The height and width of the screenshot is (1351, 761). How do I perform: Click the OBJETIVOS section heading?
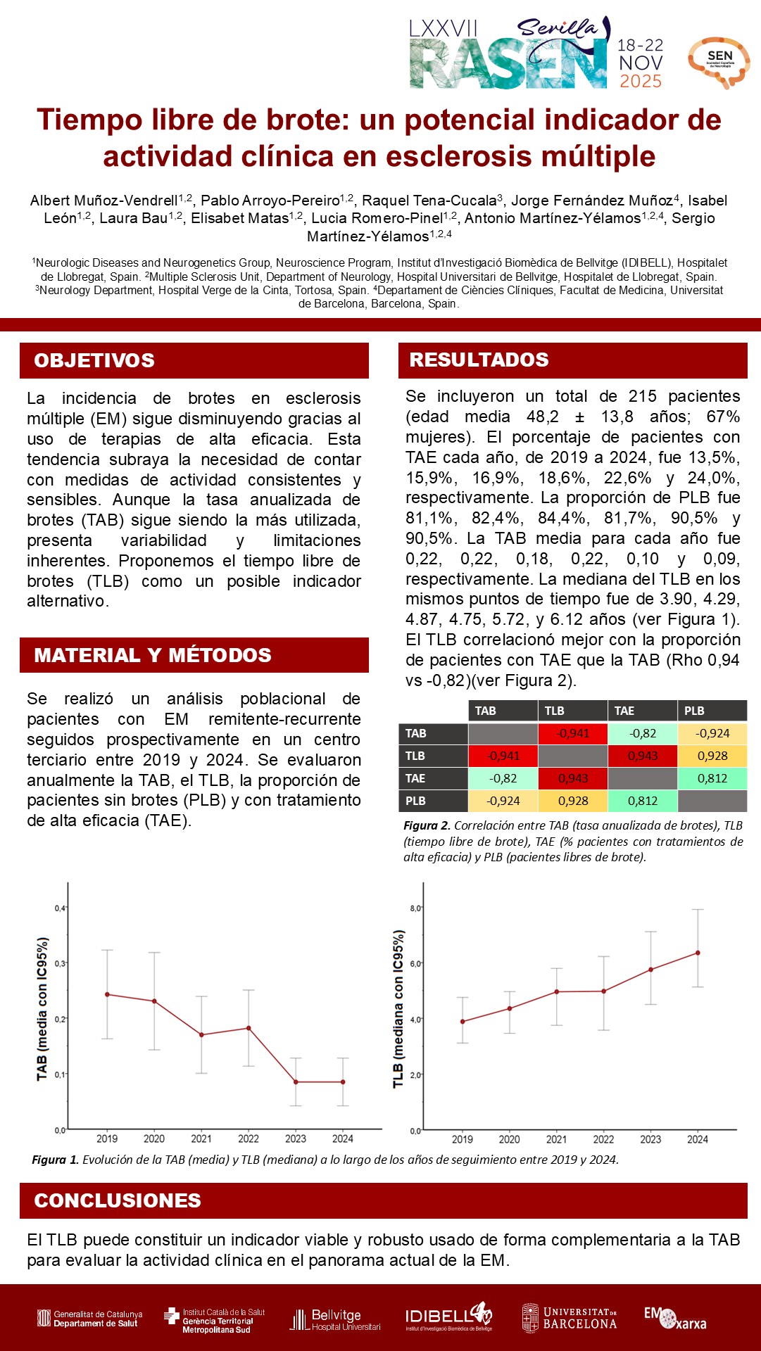94,360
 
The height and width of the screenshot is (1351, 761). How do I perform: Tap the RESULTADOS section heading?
479,360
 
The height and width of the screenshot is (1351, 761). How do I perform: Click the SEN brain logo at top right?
719,62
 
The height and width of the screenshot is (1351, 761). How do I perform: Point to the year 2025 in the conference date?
641,82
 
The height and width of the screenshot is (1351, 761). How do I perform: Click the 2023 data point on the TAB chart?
296,1082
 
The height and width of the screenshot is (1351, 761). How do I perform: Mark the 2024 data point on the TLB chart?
698,953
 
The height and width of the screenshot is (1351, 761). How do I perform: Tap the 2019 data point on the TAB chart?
107,994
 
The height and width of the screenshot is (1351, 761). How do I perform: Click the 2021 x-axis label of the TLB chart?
556,1139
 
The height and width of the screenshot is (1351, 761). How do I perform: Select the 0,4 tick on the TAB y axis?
61,908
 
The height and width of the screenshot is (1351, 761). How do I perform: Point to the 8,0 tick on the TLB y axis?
415,908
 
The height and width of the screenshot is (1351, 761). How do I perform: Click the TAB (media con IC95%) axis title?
42,1009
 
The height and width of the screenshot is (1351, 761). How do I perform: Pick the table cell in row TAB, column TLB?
572,733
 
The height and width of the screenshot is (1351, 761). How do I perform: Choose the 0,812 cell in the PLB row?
642,801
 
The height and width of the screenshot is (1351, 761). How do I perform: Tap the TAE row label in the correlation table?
415,778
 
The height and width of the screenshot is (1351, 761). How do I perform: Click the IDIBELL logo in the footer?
448,1317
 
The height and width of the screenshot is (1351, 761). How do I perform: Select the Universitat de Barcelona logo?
569,1318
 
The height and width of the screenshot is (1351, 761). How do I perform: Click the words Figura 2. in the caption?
427,825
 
